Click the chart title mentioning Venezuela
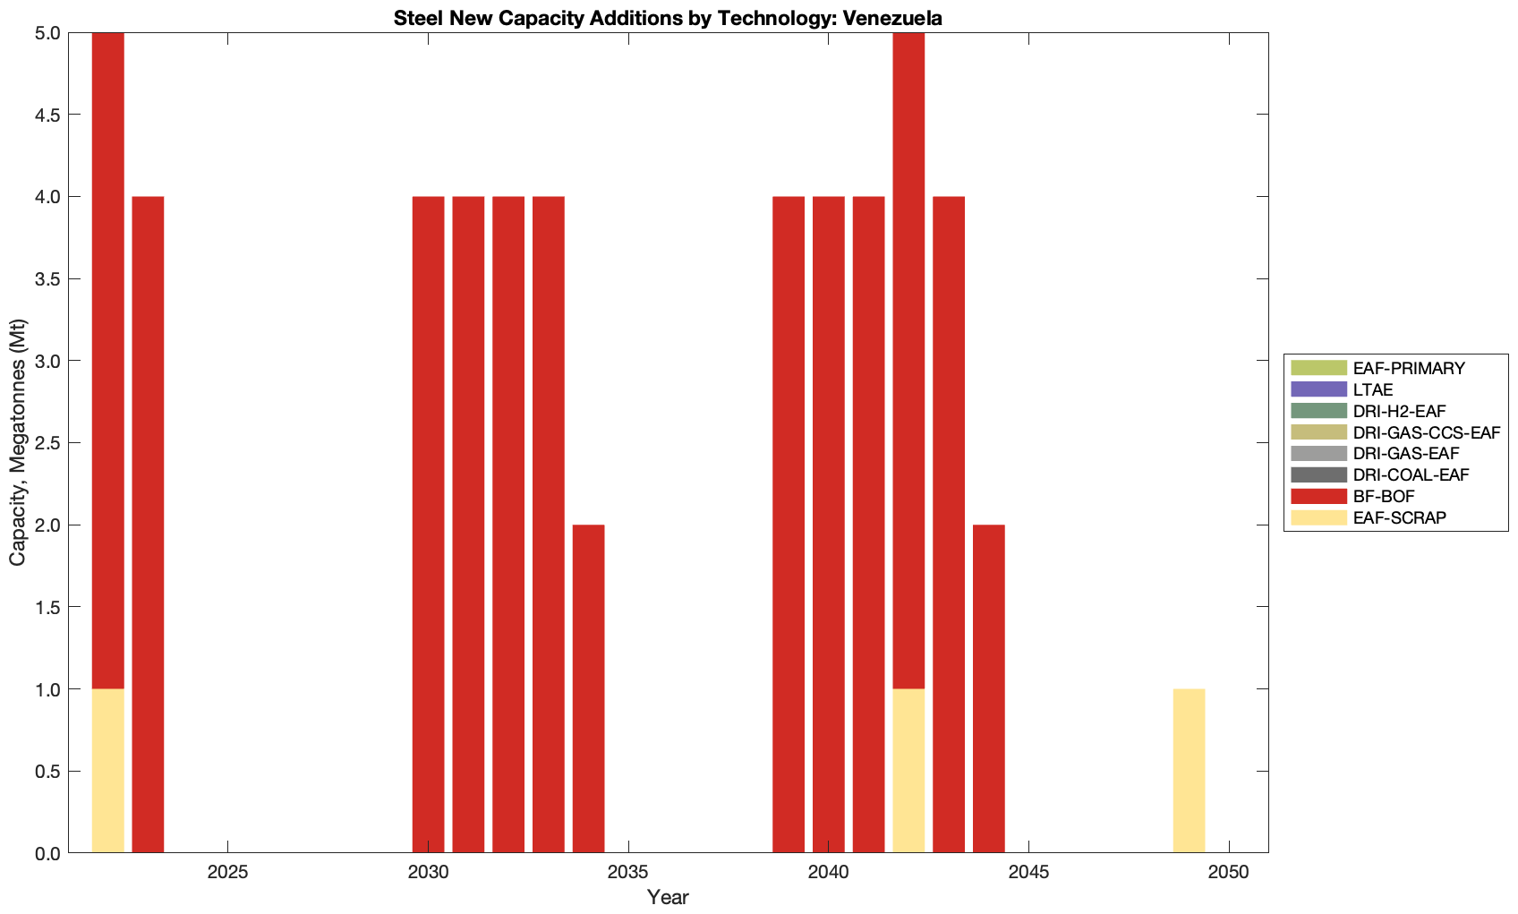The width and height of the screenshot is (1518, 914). click(667, 18)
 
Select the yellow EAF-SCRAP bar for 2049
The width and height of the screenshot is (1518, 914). click(1189, 771)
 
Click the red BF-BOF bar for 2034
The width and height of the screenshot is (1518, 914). click(588, 688)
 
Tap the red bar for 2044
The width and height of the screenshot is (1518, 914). click(988, 688)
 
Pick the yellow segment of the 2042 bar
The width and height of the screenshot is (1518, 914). click(908, 771)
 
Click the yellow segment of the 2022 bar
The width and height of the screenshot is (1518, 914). click(107, 771)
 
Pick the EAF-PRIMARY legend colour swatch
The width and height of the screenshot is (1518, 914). click(1318, 368)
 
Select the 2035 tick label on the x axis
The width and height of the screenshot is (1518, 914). click(628, 873)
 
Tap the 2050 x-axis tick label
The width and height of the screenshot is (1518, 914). click(1229, 873)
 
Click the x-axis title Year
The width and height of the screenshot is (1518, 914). click(667, 897)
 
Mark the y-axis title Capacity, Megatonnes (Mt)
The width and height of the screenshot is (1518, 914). click(18, 443)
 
